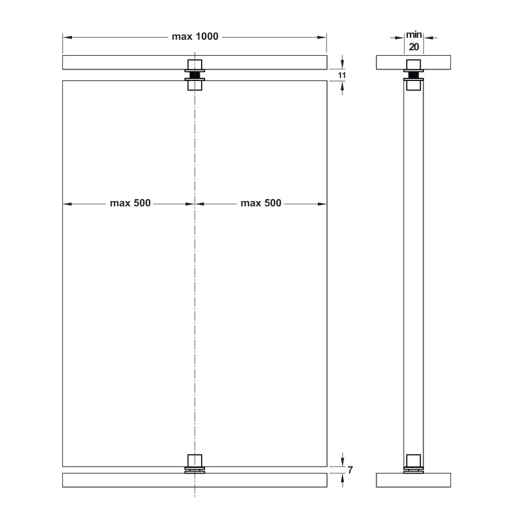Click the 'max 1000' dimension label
195,37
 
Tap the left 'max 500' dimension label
130,204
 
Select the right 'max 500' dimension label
261,204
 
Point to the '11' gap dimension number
342,75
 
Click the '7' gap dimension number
350,470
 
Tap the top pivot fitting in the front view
195,76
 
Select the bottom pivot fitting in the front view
195,465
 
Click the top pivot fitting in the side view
413,72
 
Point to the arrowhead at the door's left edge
66,204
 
